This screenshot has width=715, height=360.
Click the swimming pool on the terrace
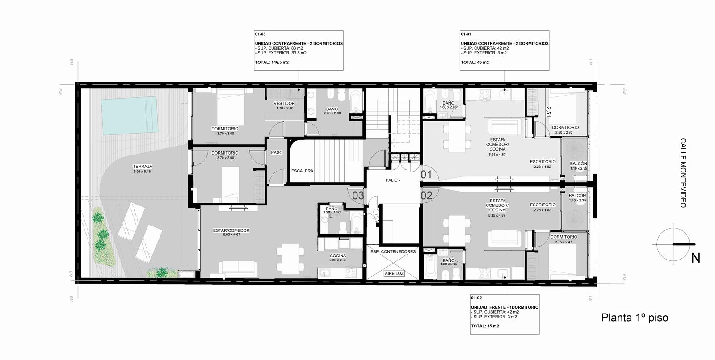[x=130, y=115]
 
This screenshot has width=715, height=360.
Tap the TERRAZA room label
[x=143, y=166]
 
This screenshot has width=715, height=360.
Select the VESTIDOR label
[x=284, y=104]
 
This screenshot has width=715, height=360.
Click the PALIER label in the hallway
[x=393, y=180]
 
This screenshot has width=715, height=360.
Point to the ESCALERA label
[x=302, y=171]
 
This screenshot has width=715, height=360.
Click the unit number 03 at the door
[x=358, y=195]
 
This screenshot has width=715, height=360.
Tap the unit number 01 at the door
[x=426, y=175]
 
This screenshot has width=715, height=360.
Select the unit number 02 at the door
[x=426, y=195]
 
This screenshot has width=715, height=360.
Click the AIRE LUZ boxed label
[x=394, y=273]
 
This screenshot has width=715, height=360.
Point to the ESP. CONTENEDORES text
[x=393, y=251]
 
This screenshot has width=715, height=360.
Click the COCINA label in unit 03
[x=338, y=255]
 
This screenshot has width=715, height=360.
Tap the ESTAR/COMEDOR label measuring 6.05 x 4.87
[x=231, y=230]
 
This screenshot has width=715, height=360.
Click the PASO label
[x=277, y=153]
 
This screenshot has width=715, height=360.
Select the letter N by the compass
[x=696, y=258]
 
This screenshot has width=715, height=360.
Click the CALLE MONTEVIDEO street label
[x=683, y=173]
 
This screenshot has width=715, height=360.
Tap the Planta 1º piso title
[x=635, y=318]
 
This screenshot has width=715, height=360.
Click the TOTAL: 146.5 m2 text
[x=272, y=62]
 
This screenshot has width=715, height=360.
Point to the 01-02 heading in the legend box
[x=476, y=298]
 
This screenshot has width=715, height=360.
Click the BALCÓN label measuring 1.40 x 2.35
[x=577, y=195]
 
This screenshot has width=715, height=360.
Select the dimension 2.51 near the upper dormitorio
[x=548, y=112]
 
